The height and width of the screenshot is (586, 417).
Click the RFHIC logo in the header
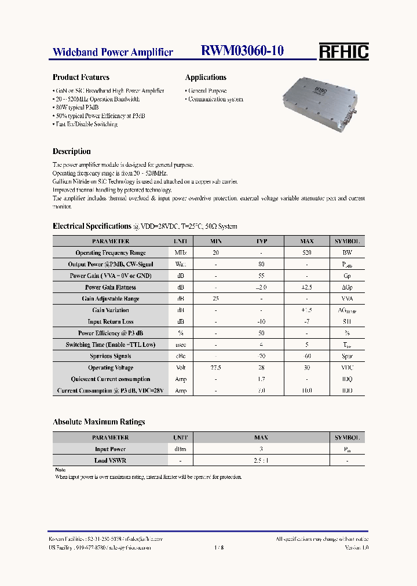tap(343, 52)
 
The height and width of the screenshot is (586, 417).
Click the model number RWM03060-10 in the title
tap(242, 51)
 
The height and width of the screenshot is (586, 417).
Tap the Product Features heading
tap(81, 77)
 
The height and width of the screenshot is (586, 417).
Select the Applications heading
tap(206, 77)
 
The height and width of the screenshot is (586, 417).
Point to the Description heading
tap(71, 152)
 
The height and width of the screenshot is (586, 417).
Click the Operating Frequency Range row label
tap(111, 253)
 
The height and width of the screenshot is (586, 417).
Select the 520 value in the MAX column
tap(307, 253)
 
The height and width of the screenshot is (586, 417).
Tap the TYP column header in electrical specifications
tap(261, 241)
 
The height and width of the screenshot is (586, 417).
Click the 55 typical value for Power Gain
tap(261, 276)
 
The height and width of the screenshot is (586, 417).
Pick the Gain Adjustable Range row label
tap(111, 299)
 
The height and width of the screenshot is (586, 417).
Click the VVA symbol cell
tap(347, 299)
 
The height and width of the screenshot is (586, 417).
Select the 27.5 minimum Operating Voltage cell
tap(215, 368)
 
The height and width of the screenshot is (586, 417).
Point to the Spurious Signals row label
tap(111, 356)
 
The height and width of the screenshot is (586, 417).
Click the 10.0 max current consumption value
tap(307, 391)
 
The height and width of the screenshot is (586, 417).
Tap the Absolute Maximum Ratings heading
tap(98, 422)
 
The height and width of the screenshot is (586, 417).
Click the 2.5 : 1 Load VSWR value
tap(261, 460)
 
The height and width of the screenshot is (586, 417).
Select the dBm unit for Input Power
tap(181, 449)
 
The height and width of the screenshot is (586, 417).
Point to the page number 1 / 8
tap(218, 547)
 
